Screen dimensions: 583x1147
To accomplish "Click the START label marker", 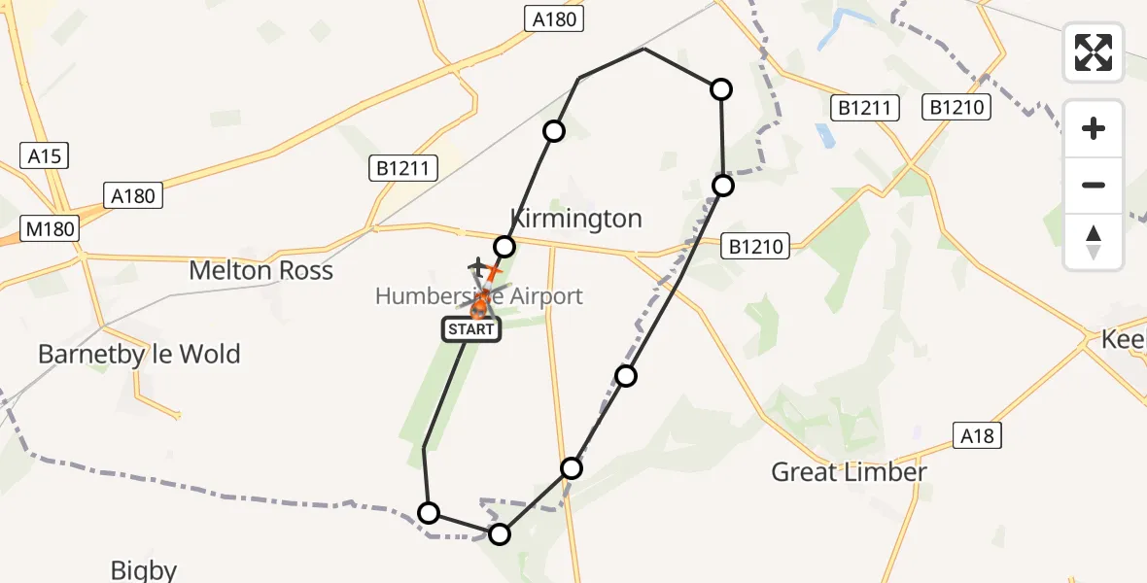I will pos(471,329).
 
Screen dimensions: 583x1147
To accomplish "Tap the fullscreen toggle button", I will pos(1094,52).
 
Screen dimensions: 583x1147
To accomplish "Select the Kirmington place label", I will pos(576,218).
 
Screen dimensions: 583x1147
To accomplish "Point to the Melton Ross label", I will pos(261,270).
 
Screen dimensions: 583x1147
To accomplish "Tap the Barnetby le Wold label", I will pos(139,354).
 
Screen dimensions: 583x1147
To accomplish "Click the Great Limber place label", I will pos(849,472).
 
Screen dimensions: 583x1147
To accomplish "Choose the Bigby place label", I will pos(143,570).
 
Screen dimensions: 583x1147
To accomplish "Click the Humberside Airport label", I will pos(479,295).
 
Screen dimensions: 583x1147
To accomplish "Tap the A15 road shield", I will pos(44,155).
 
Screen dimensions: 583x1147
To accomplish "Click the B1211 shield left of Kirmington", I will pos(402,168).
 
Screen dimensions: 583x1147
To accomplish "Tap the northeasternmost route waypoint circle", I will pos(721,89).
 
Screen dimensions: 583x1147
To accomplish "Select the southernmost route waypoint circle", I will pos(499,533).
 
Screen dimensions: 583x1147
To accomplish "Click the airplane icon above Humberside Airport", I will pos(477,265).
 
